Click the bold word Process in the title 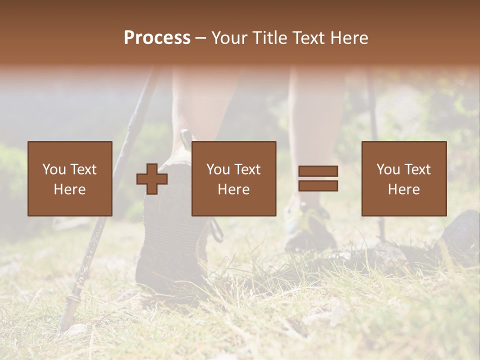click(157, 38)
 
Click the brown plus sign click(152, 179)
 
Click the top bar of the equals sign click(318, 171)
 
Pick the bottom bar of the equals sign click(318, 186)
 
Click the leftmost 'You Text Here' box click(70, 178)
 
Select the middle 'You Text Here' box click(234, 178)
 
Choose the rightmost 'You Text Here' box click(404, 178)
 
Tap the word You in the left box click(53, 169)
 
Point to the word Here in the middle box click(234, 189)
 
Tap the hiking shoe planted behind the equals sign click(310, 227)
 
